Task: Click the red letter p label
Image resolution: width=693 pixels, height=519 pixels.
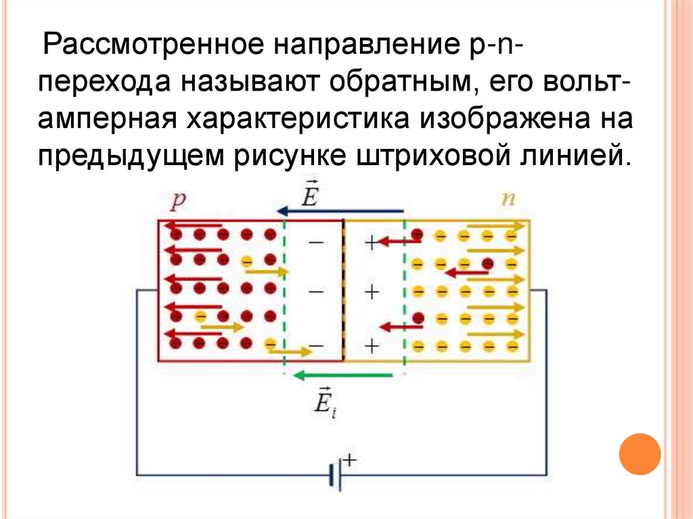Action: coord(178,200)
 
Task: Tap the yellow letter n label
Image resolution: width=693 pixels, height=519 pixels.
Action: coord(506,200)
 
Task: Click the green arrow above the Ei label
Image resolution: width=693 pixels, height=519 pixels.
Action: coord(341,374)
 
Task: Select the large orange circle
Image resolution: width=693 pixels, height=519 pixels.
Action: coord(639,454)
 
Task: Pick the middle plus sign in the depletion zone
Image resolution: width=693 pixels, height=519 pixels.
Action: coord(370,292)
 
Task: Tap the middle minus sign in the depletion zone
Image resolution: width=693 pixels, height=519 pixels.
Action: coord(315,292)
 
